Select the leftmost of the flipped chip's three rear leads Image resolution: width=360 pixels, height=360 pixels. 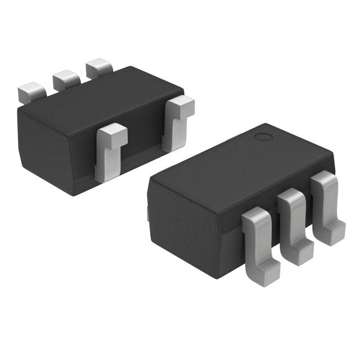[31, 92]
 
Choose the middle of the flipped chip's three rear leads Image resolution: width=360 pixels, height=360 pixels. [65, 80]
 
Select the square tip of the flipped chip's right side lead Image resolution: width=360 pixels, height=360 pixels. [181, 105]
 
